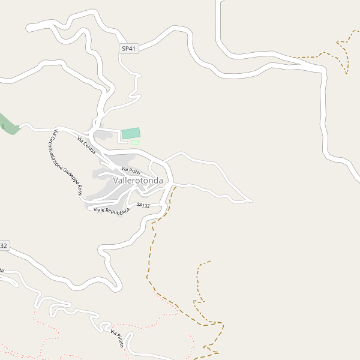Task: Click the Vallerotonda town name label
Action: coord(137,180)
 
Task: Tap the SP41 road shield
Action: coord(128,48)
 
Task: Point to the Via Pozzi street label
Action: coord(131,171)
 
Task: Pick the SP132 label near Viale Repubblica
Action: coord(143,205)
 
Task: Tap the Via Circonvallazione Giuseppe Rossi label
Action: coord(67,163)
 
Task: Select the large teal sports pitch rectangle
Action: coord(131,133)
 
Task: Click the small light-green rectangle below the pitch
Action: coord(135,142)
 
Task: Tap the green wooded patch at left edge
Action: coord(8,124)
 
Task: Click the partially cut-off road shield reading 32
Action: coord(4,245)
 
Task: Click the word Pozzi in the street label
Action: coord(134,172)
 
